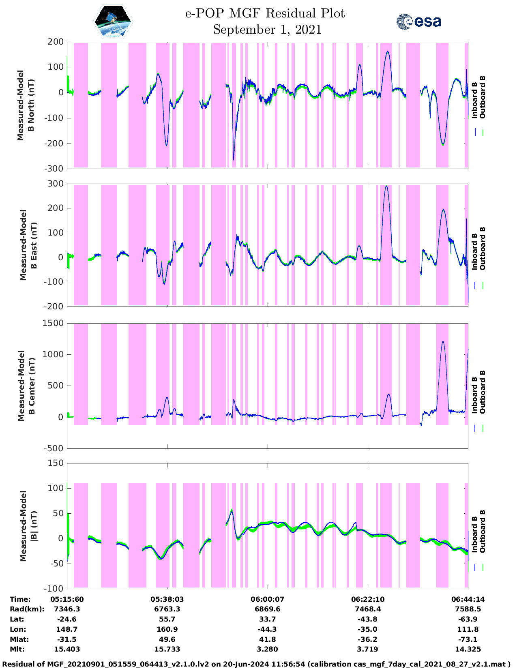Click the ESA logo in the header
(x=419, y=21)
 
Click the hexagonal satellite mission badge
(x=113, y=22)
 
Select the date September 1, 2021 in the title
(x=267, y=30)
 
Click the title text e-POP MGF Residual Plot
(x=265, y=13)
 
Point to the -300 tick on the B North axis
(x=55, y=169)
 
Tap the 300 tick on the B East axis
(x=56, y=184)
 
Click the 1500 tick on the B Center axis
(x=54, y=323)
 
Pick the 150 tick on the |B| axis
(x=56, y=463)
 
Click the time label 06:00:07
(x=267, y=599)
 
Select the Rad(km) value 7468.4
(x=368, y=609)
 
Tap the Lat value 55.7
(x=167, y=619)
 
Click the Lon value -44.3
(x=267, y=629)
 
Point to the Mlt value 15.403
(x=67, y=649)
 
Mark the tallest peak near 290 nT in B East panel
(x=386, y=186)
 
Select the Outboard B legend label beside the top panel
(x=483, y=97)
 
